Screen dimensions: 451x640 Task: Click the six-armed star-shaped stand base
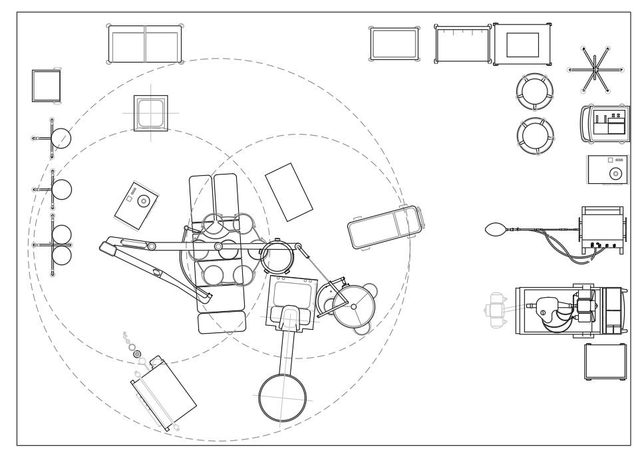[595, 70]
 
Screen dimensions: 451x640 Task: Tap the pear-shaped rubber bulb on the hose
[496, 230]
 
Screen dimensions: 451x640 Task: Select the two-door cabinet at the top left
[145, 44]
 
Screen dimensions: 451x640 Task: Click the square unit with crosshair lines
[150, 113]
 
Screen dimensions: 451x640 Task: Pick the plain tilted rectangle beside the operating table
[289, 192]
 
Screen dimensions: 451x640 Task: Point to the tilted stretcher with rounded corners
[385, 227]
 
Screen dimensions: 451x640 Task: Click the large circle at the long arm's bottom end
[282, 397]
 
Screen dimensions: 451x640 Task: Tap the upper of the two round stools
[533, 91]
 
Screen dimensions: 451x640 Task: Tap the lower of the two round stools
[533, 134]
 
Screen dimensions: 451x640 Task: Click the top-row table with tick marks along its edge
[462, 44]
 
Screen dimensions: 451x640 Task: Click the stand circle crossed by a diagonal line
[61, 139]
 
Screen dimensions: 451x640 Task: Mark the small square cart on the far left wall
[47, 86]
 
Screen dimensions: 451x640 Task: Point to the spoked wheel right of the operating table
[353, 306]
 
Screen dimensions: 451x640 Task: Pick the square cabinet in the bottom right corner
[605, 361]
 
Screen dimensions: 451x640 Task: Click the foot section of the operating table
[222, 323]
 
